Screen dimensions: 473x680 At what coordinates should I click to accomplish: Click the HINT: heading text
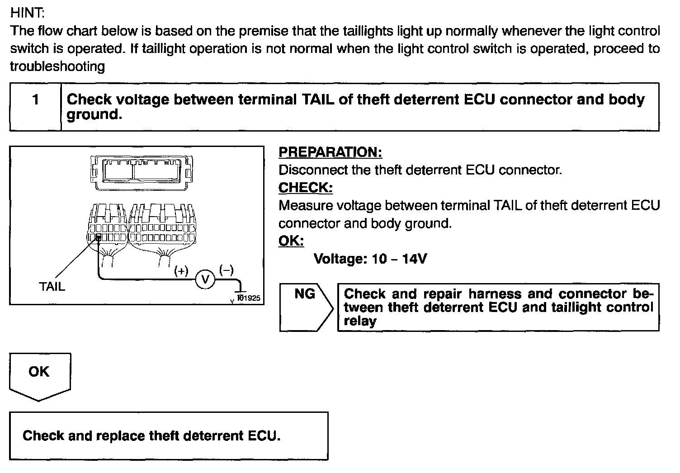[27, 13]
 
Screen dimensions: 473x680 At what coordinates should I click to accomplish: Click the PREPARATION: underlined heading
[330, 152]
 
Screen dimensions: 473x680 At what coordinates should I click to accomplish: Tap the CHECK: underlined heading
[305, 188]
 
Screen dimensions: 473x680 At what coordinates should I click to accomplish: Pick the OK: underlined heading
[291, 241]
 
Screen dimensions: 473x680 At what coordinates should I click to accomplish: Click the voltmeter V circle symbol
[204, 280]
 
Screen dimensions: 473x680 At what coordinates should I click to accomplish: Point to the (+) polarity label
[181, 271]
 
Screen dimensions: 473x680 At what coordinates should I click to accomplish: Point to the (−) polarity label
[226, 270]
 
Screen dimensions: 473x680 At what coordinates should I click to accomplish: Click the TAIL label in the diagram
[52, 286]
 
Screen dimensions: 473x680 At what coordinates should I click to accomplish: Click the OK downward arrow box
[39, 376]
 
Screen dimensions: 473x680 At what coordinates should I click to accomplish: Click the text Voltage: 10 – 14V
[370, 259]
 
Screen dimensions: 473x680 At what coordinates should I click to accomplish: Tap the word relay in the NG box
[360, 322]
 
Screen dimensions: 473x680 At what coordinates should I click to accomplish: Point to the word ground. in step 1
[94, 115]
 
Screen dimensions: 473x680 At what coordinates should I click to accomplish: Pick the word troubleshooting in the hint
[57, 66]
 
